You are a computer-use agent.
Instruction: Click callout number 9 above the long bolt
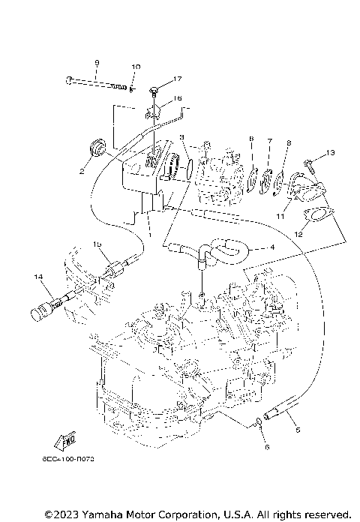(97, 61)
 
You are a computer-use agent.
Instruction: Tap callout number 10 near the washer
(136, 67)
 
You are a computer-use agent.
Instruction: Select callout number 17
(178, 79)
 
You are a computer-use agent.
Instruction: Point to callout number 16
(178, 98)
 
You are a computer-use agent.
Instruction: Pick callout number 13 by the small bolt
(331, 154)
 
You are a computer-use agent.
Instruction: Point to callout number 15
(97, 244)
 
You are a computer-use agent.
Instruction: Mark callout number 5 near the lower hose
(298, 430)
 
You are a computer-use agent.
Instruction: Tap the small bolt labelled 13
(309, 160)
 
